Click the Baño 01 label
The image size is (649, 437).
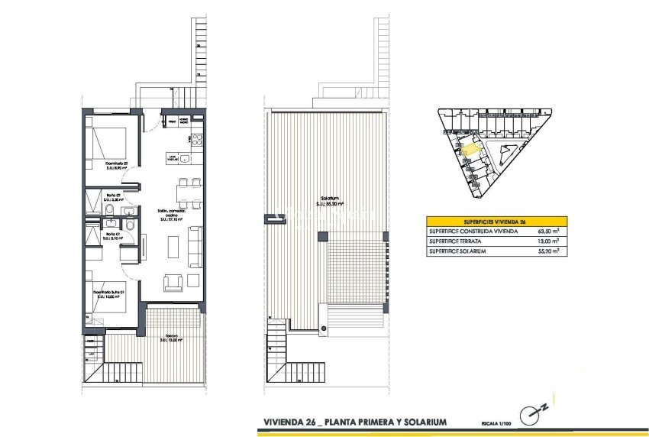tap(111, 235)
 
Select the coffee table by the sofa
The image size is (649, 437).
tap(172, 245)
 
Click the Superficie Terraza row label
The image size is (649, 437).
tap(457, 241)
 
